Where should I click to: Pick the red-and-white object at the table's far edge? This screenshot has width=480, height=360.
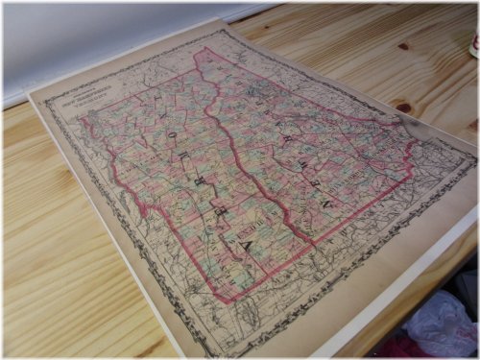(473, 43)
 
